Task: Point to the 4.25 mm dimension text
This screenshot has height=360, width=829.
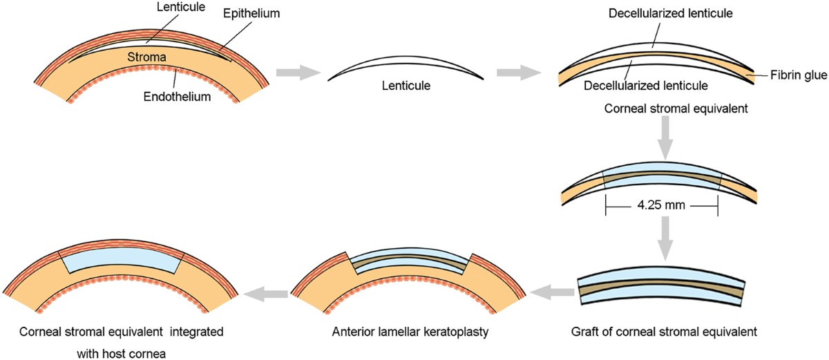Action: click(661, 205)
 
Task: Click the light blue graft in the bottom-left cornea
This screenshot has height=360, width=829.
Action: click(121, 261)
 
